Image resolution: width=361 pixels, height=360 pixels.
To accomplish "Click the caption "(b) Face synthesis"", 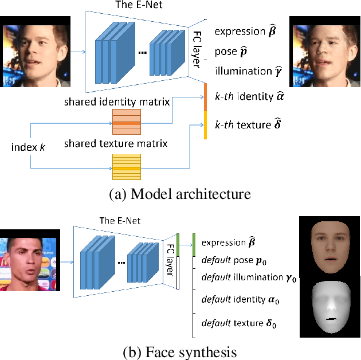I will coord(180,350).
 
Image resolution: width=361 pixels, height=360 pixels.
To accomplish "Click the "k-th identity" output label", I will coord(249,97).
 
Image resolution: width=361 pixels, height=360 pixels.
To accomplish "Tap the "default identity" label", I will coord(240,299).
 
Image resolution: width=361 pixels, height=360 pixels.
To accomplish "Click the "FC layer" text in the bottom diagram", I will coord(170,260).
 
